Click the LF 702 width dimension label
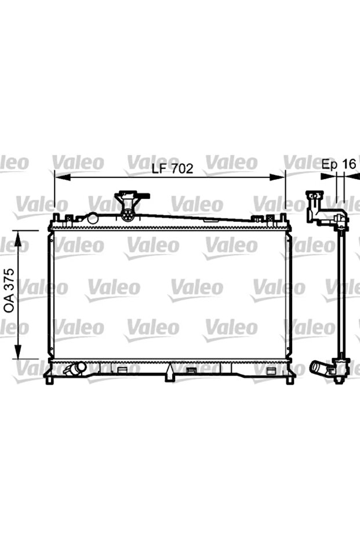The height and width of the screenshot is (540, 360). click(x=172, y=169)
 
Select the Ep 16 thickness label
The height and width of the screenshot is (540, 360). click(x=339, y=164)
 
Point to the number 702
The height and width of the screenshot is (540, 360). click(x=180, y=169)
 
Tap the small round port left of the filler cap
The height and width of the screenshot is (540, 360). click(x=92, y=218)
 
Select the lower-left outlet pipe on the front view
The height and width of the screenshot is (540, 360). click(x=75, y=368)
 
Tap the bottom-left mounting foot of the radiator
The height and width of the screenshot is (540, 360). click(x=52, y=379)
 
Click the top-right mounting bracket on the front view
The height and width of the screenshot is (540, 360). click(x=283, y=219)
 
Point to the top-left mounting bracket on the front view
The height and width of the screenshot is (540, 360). click(x=57, y=219)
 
